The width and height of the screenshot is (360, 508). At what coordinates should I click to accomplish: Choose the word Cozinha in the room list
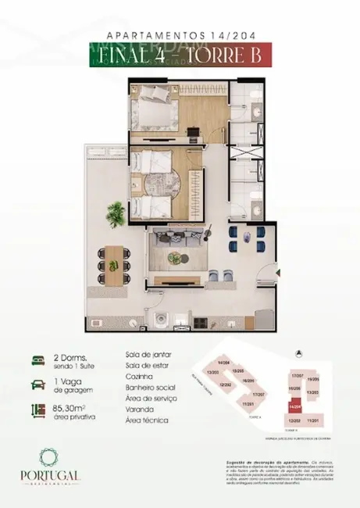(137, 376)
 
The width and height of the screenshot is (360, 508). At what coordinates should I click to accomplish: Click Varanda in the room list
(138, 409)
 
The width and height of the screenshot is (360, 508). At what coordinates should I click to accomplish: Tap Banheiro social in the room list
(151, 387)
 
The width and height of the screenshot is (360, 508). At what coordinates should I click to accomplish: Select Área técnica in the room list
(145, 420)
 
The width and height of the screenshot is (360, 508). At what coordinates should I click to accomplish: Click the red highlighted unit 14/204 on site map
(294, 407)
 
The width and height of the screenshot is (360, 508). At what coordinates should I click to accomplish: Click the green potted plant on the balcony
(116, 211)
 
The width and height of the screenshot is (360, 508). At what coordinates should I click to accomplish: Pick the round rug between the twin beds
(160, 188)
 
